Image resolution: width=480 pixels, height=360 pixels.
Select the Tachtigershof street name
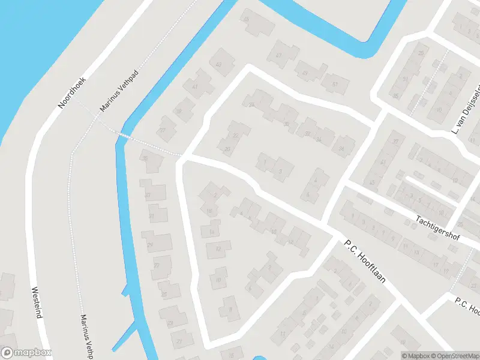point(437,229)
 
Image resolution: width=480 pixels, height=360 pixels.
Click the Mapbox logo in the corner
point(26,353)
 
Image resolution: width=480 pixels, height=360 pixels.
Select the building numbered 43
point(218,64)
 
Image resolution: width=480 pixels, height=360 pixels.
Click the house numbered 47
point(278,56)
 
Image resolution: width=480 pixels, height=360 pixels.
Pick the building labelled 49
point(305,74)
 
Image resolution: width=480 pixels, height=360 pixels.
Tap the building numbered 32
point(307,133)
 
